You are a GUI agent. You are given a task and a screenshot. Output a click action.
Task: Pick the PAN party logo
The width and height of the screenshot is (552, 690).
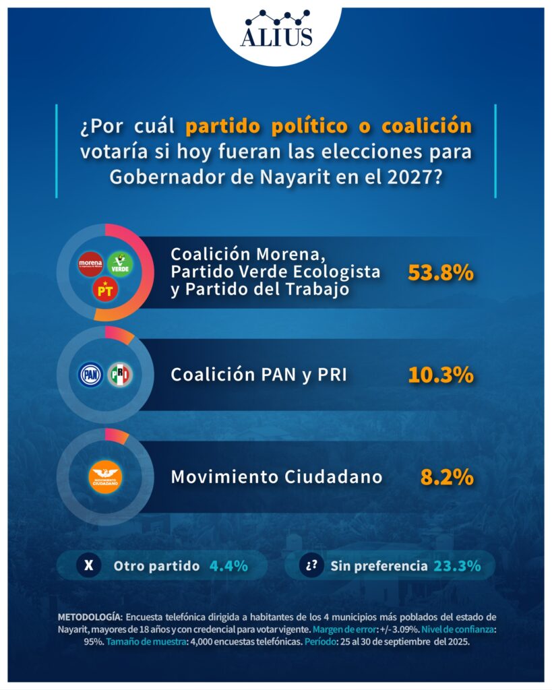91,374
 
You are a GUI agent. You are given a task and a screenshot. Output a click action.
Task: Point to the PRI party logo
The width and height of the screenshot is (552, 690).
120,374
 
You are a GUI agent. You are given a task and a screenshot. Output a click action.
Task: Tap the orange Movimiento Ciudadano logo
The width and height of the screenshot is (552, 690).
105,476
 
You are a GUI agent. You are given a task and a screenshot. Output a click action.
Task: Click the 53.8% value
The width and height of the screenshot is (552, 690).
441,273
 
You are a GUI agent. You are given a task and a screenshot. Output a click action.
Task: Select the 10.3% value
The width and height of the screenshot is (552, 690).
441,375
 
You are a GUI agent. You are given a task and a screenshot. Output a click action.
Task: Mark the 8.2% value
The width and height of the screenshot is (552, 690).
447,477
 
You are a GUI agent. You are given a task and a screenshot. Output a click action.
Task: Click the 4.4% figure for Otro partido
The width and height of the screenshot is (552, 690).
228,566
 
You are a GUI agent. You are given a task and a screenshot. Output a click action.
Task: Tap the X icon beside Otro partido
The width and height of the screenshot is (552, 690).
88,566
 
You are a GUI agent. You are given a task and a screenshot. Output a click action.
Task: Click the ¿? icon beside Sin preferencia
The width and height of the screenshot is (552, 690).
311,566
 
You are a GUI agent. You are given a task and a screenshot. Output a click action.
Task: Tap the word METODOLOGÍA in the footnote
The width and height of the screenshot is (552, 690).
89,617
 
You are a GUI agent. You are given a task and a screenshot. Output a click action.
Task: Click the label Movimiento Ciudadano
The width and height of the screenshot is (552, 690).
276,477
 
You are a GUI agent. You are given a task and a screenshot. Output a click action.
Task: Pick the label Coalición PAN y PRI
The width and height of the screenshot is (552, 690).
259,375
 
